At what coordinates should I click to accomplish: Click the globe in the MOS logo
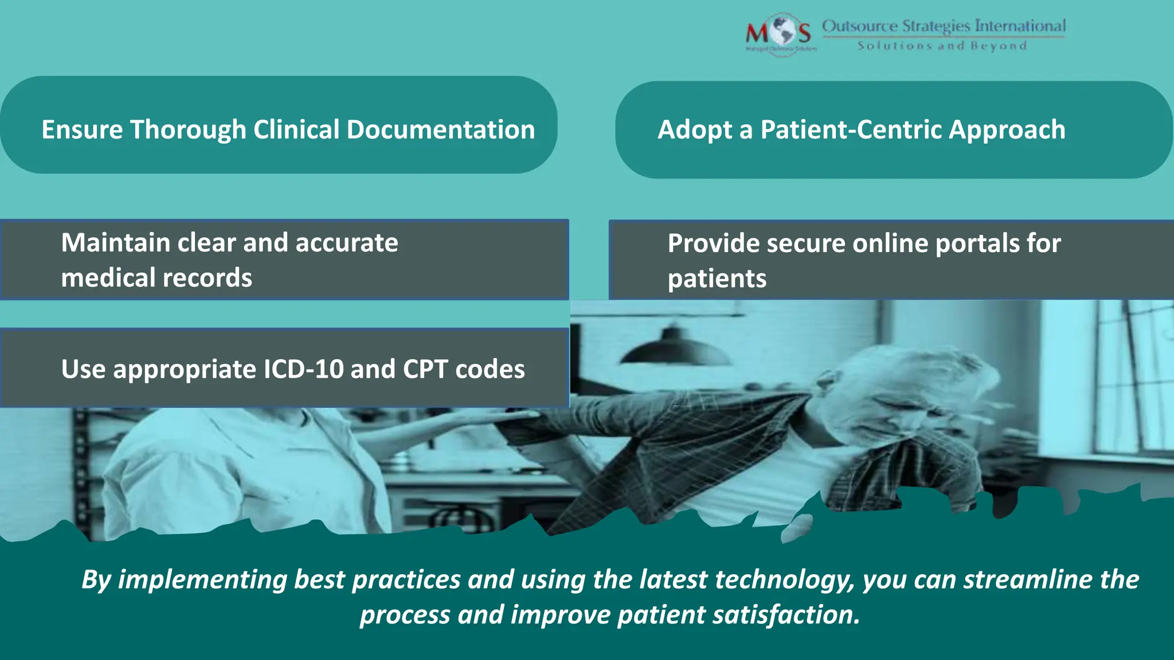[781, 32]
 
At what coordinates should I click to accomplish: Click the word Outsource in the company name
[860, 26]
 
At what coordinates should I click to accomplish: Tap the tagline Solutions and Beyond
[942, 46]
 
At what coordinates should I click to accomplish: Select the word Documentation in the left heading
[440, 129]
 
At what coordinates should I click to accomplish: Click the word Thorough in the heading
[188, 130]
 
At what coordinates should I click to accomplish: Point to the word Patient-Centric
[851, 129]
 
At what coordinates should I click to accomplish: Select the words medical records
[156, 278]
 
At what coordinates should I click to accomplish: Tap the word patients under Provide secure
[717, 279]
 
